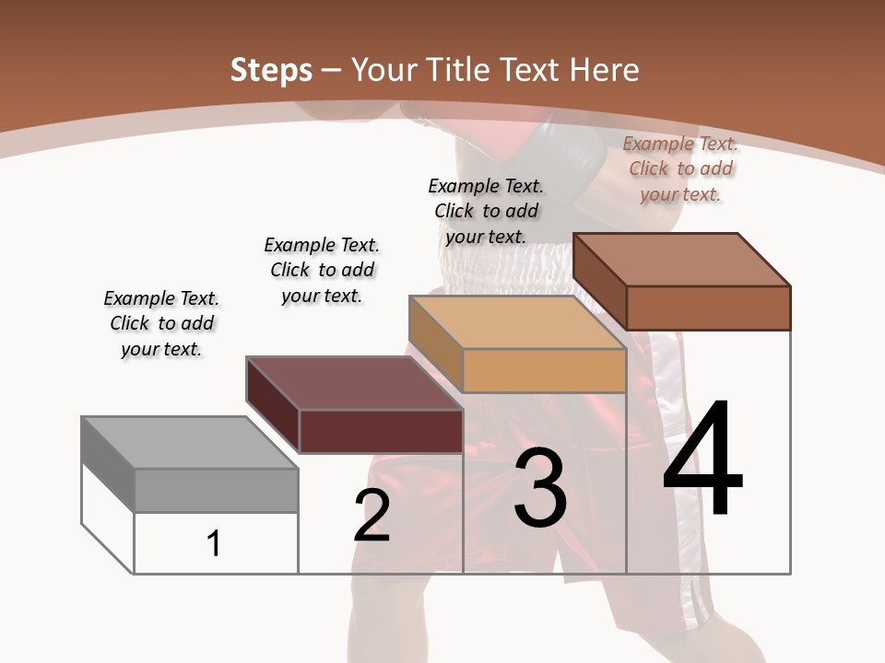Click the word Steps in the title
pos(270,70)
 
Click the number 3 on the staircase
pos(540,488)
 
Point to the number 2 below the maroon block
pos(372,516)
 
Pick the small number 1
pos(214,543)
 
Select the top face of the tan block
pos(516,322)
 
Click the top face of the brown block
pos(682,260)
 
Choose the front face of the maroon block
pos(381,431)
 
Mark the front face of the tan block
pos(544,371)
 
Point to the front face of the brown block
pos(708,308)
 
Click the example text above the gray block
pos(161,323)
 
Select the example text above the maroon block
pos(322,270)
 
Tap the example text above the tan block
pos(486,211)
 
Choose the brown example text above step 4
pos(680,169)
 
